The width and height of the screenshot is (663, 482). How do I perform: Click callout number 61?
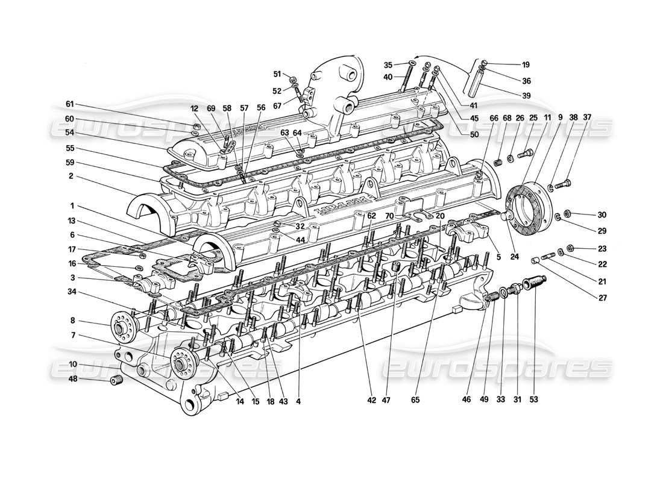pos(70,103)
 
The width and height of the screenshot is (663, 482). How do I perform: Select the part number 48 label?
pos(73,379)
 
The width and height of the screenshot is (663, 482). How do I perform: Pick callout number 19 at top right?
pos(526,64)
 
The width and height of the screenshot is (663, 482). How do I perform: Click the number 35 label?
pos(388,64)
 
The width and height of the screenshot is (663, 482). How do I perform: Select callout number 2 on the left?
pos(71,176)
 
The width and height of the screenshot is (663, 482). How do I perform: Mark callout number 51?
pos(277,74)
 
